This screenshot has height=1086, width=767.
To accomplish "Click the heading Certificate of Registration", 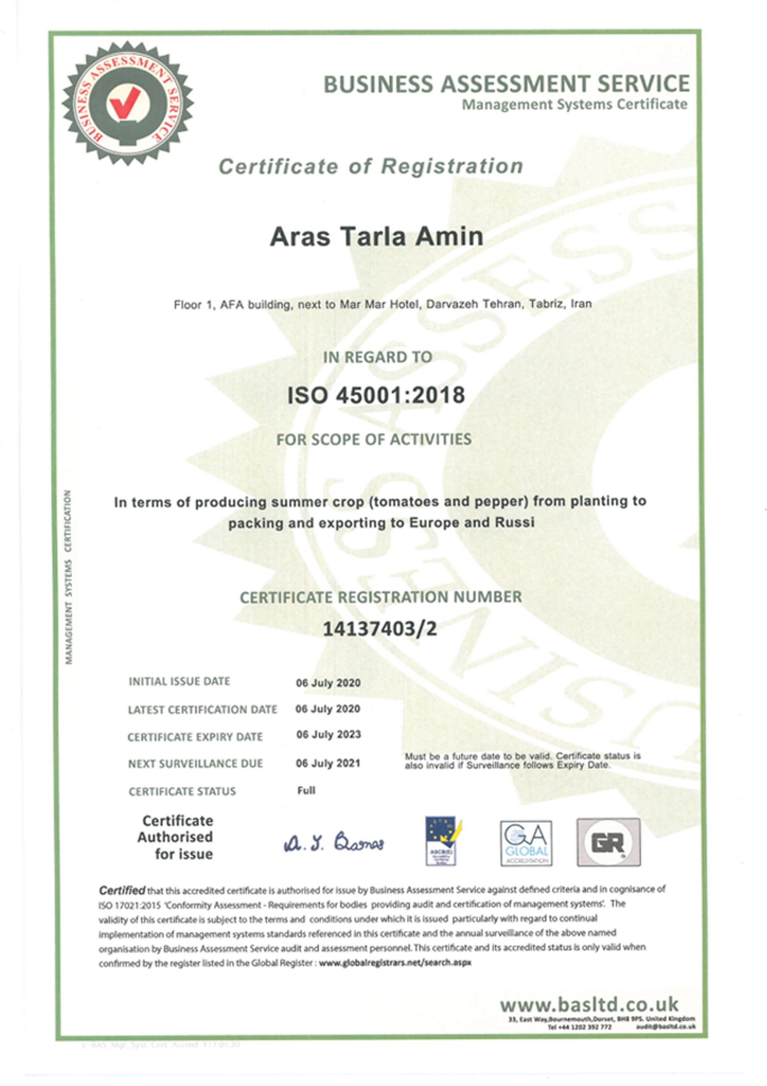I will coord(371,166).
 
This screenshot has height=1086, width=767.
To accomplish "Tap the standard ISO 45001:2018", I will coord(376,395).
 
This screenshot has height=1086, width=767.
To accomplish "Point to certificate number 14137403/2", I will coord(380,629).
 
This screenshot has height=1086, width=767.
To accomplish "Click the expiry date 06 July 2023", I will coord(328,735).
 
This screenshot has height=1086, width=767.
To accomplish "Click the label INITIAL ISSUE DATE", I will coord(179,681).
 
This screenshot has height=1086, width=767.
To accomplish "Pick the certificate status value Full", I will coord(306,790).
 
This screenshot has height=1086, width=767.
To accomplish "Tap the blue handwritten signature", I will coord(334,843).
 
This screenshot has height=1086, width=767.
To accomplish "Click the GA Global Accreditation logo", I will coord(526,843).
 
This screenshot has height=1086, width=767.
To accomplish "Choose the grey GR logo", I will coord(608,842).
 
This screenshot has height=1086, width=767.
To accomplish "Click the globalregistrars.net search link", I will coord(395,962).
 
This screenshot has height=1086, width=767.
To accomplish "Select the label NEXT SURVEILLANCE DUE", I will coord(195,764).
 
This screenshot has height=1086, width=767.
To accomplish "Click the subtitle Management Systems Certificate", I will coord(574,104).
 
